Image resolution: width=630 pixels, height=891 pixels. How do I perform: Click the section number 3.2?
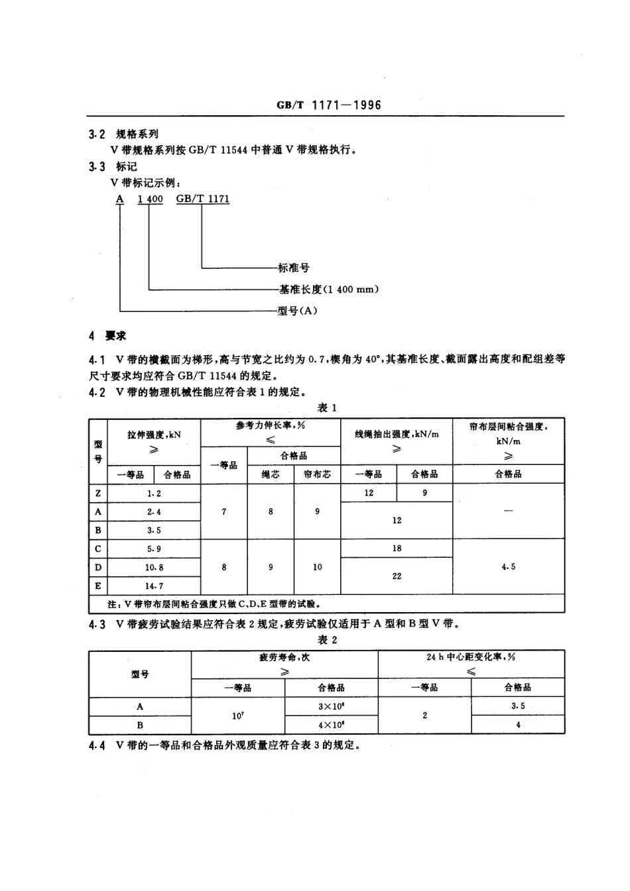coord(97,134)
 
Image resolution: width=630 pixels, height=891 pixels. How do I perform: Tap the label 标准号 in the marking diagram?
coord(293,268)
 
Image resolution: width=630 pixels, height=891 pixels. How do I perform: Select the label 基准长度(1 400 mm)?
coord(329,289)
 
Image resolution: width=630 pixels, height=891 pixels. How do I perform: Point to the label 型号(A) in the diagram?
coord(297,310)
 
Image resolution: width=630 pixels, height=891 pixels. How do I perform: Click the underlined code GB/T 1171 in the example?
coord(203,199)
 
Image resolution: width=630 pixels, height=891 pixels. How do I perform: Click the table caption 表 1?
coord(327,407)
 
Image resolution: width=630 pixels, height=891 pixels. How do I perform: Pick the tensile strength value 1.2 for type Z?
coord(154,493)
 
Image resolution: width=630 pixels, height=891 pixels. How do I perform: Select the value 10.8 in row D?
coord(154,567)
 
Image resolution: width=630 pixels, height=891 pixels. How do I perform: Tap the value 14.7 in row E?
coord(154,586)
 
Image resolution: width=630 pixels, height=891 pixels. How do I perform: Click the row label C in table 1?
coord(98,549)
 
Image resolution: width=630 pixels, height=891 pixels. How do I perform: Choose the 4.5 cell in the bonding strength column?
coord(509,566)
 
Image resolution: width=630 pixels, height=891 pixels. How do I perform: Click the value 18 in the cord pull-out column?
coord(397,548)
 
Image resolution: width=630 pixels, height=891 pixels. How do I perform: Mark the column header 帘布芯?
coord(317,474)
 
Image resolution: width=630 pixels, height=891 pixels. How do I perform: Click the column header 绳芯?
coord(271,474)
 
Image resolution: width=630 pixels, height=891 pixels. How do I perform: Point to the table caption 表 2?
coord(327,639)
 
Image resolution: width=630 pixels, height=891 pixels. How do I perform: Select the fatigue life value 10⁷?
coord(238,715)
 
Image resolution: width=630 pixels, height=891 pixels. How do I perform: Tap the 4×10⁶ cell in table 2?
coord(331,725)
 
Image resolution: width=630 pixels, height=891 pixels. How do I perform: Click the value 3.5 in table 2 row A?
coord(518,706)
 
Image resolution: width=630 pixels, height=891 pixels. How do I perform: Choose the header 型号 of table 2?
coord(140,674)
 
